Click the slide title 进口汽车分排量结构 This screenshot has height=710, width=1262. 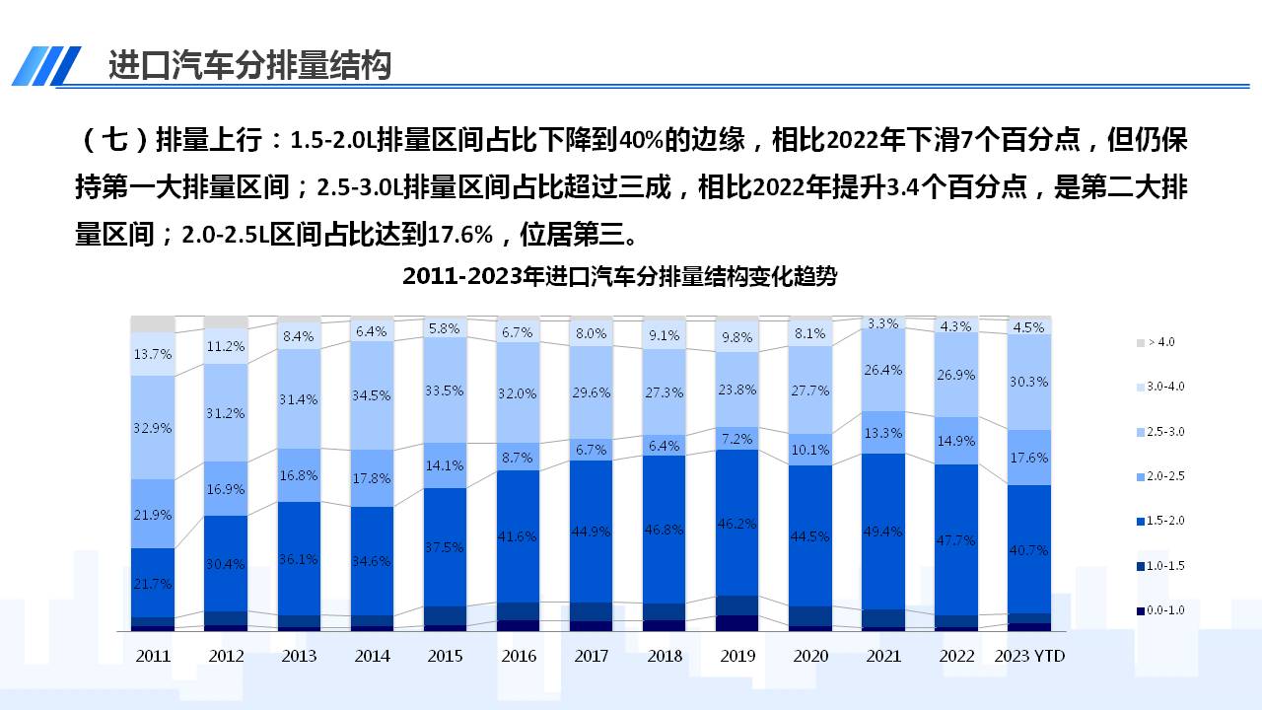point(249,65)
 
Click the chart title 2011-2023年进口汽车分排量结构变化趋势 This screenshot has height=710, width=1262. point(619,277)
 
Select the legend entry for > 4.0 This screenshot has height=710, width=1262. point(1158,342)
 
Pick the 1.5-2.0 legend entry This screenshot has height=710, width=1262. point(1163,521)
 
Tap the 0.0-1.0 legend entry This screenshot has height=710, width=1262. point(1163,610)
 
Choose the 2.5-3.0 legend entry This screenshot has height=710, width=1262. point(1163,432)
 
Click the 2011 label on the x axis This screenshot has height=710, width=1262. point(153,656)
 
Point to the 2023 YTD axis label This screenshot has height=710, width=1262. point(1029,656)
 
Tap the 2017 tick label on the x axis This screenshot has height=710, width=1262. point(592,656)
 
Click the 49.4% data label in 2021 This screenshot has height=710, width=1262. point(883,532)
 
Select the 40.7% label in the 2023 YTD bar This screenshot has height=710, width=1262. point(1029,550)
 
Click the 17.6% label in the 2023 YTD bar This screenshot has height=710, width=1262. point(1029,458)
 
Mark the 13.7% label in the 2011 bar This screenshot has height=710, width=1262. point(153,353)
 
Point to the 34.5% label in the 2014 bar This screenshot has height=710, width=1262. point(372,395)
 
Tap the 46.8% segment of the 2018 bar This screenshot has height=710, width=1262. point(665,529)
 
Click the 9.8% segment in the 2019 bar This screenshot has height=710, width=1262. point(737,336)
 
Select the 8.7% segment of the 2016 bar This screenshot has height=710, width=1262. point(519,458)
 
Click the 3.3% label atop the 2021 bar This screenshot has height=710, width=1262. point(883,323)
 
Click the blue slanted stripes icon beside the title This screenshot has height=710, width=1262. point(46,66)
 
